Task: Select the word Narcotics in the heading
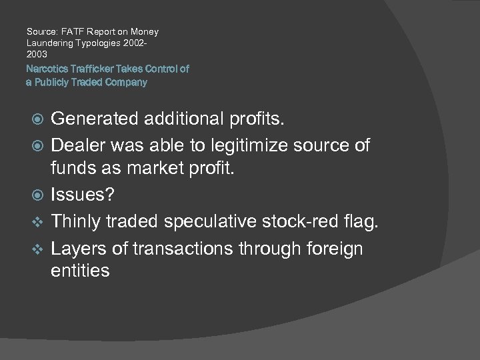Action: pyautogui.click(x=45, y=69)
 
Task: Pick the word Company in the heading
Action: pyautogui.click(x=128, y=83)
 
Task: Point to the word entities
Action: pyautogui.click(x=81, y=271)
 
